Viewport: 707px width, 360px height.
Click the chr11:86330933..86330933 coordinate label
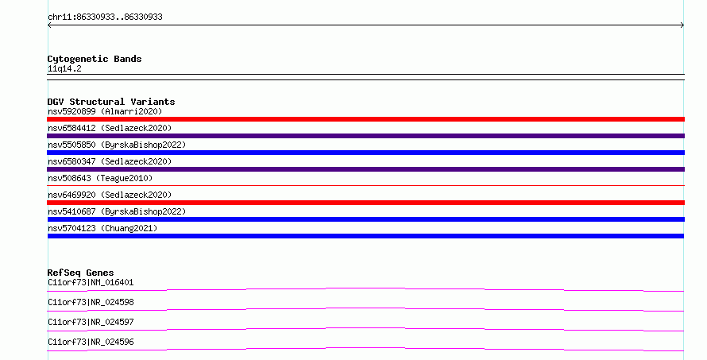(105, 17)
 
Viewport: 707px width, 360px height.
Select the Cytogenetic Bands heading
(95, 59)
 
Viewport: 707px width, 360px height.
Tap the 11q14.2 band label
(64, 68)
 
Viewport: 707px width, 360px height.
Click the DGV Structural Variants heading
(111, 102)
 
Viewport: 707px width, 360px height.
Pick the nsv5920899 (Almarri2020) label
(105, 111)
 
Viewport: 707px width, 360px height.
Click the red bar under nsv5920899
(365, 119)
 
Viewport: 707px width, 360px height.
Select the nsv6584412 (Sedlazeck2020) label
(110, 128)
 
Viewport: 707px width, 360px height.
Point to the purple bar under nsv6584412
(365, 136)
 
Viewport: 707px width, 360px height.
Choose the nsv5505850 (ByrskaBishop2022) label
(118, 145)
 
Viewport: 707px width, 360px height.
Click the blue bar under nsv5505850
(365, 153)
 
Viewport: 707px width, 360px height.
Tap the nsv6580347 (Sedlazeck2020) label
(110, 161)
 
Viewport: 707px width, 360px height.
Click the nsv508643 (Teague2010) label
(100, 178)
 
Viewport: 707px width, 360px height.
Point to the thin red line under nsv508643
(365, 185)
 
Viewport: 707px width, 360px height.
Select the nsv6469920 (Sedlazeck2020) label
(110, 195)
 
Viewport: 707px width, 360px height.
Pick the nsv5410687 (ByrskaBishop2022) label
(118, 211)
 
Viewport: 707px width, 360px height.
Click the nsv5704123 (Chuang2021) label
(102, 228)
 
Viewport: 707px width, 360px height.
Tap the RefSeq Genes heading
(80, 273)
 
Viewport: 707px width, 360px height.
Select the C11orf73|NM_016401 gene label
(91, 282)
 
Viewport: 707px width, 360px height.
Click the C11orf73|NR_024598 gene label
(91, 302)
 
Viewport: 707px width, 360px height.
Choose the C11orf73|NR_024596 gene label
(91, 342)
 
